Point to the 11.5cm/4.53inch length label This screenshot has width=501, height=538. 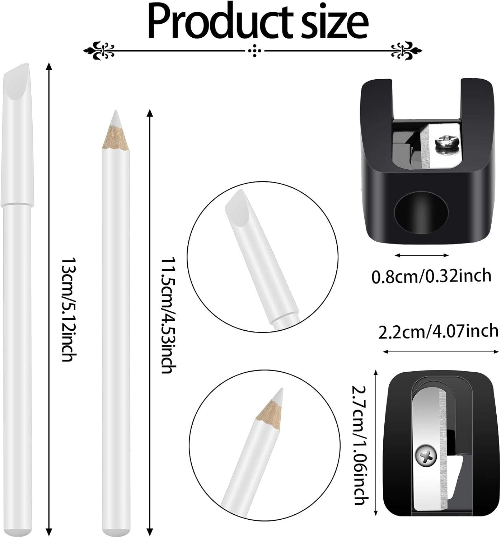pyautogui.click(x=167, y=316)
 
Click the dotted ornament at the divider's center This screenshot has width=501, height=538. pyautogui.click(x=255, y=51)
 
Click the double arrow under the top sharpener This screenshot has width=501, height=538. pyautogui.click(x=422, y=255)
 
